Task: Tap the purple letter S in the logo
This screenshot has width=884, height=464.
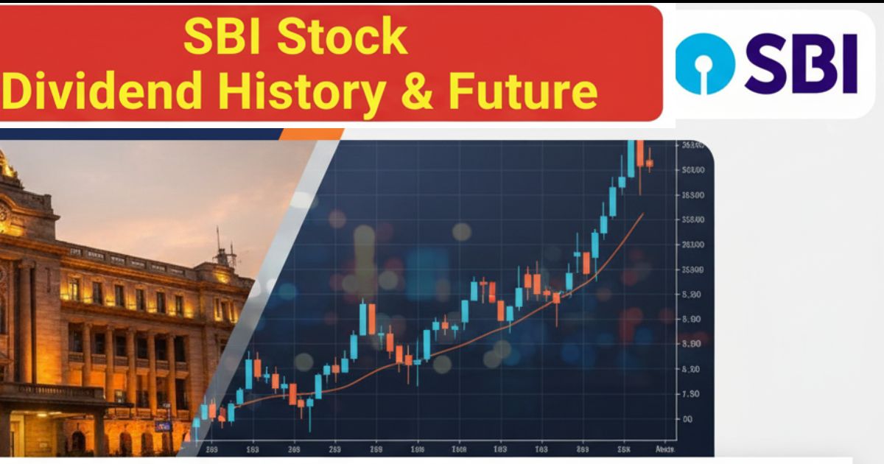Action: (x=766, y=65)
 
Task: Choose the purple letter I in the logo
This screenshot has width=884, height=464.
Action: (x=849, y=65)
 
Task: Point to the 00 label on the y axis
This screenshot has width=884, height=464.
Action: (x=687, y=419)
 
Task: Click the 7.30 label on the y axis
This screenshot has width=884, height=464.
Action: (x=690, y=394)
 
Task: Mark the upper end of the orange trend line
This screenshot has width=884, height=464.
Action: (x=642, y=214)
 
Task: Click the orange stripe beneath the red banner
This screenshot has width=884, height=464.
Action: (x=313, y=133)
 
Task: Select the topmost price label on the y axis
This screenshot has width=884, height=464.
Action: (x=693, y=146)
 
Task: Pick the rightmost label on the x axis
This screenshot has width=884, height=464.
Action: (x=666, y=449)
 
